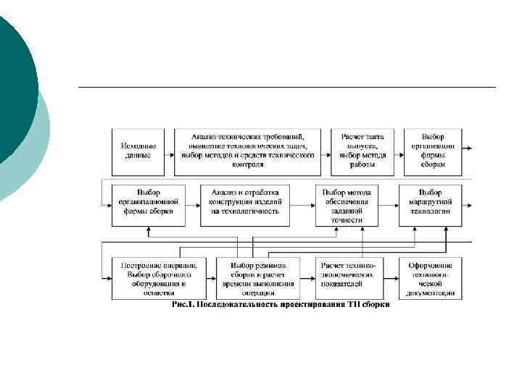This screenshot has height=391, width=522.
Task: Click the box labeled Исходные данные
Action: pos(137,151)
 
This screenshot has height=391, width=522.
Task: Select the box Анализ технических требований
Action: pos(246,151)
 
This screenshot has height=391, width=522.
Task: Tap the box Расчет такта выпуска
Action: pos(362,151)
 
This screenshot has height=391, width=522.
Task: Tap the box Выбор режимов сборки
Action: pos(258,278)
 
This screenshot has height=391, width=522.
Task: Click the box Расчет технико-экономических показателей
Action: pos(348,278)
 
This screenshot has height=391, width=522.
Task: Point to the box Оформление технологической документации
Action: pos(431,278)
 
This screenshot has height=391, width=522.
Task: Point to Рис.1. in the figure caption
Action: pos(181,305)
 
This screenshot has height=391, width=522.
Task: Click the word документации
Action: pos(431,293)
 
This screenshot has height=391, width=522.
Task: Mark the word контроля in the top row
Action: pos(246,164)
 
